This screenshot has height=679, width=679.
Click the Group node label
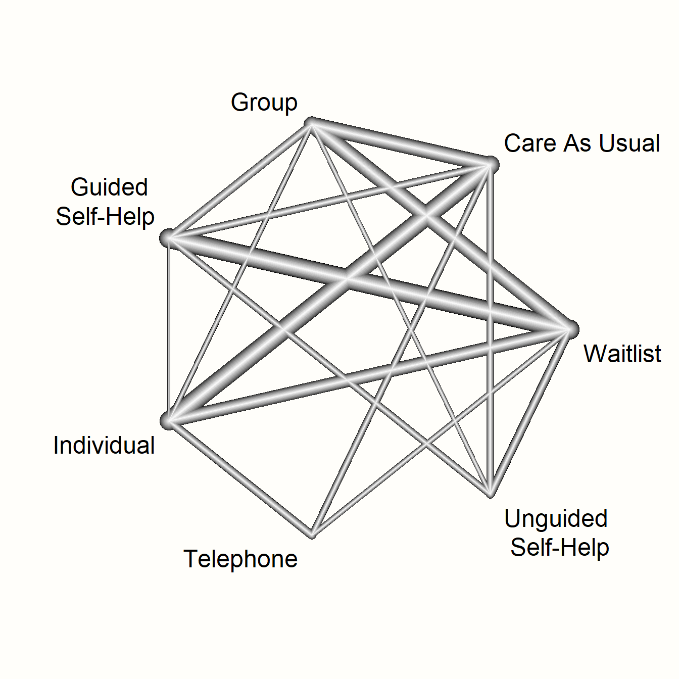[x=264, y=103]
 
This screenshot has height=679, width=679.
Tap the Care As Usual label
[x=581, y=143]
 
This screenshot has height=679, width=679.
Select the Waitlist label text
[x=622, y=354]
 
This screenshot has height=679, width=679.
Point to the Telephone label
[x=240, y=559]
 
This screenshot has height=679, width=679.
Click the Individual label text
[x=104, y=446]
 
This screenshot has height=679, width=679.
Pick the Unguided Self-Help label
[x=558, y=533]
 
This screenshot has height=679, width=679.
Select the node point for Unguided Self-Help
[x=490, y=493]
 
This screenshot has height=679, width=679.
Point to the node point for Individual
[x=169, y=420]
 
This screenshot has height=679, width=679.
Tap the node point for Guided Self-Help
[x=168, y=237]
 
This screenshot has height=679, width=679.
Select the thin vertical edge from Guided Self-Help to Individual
[x=168, y=328]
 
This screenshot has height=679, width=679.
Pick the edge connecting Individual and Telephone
[x=240, y=477]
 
